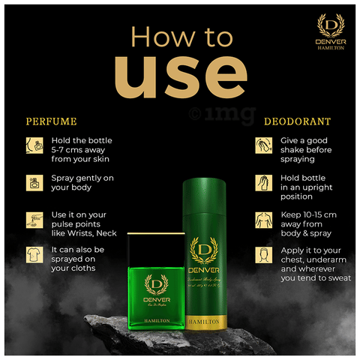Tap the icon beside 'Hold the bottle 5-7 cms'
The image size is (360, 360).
pyautogui.click(x=33, y=145)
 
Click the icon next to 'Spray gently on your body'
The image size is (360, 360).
pyautogui.click(x=33, y=181)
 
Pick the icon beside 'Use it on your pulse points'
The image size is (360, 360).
pyautogui.click(x=33, y=219)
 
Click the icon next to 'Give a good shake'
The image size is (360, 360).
pyautogui.click(x=263, y=145)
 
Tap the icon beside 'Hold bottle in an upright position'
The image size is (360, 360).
pyautogui.click(x=263, y=182)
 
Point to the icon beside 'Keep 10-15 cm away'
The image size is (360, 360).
pyautogui.click(x=263, y=220)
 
